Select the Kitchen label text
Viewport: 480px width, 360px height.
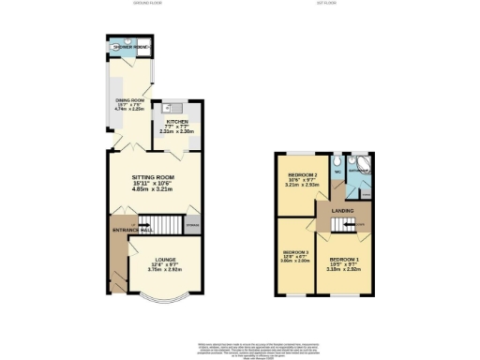[178, 121]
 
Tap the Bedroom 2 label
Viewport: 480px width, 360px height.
[301, 173]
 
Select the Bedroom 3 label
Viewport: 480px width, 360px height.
[295, 251]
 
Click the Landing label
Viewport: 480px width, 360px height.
[342, 211]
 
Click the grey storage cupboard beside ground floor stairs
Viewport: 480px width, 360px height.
[193, 223]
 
